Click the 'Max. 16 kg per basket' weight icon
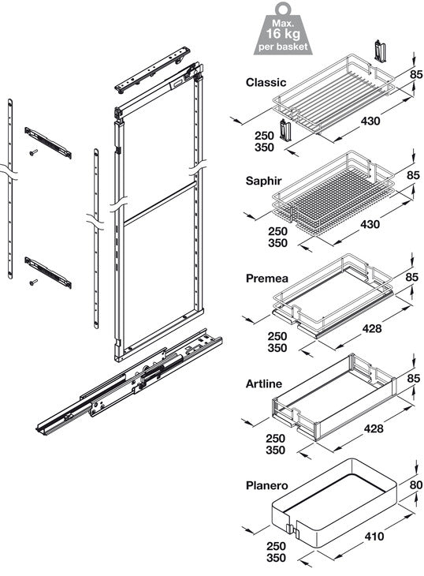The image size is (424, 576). coord(283,28)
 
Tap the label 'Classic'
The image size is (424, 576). coord(266,82)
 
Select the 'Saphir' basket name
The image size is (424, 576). coord(263,181)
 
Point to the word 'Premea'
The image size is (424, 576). coord(266,278)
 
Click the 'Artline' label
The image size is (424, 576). coord(264,384)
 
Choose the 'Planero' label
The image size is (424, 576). coord(266,485)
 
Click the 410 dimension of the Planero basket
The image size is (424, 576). coord(374,537)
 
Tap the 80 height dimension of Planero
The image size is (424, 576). coord(416,485)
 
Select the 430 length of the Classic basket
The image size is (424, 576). coord(370,121)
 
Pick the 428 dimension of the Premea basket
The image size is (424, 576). coord(371,328)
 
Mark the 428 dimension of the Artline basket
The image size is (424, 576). coord(374,428)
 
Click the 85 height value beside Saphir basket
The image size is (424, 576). coord(413,175)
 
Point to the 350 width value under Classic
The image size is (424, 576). coord(265,148)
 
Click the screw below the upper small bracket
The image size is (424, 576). coord(34,151)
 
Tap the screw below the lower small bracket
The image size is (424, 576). coord(34,282)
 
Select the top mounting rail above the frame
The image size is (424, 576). coord(152,69)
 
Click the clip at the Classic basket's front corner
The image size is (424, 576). coord(285,131)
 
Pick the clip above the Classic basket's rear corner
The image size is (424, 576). coord(380,50)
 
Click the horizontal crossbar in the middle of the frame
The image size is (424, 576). coord(159,203)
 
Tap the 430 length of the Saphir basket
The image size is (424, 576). coord(370,224)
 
